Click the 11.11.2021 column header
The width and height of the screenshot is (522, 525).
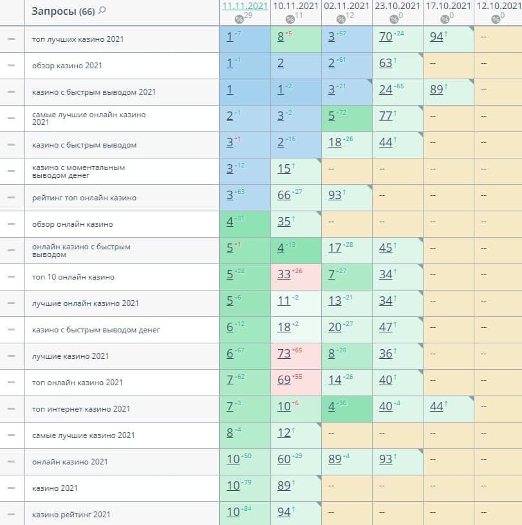tap(245, 6)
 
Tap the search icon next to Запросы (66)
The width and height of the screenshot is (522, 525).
tap(102, 11)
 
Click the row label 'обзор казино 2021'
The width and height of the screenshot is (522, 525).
tap(67, 66)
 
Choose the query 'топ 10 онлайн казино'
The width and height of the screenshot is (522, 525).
tap(73, 277)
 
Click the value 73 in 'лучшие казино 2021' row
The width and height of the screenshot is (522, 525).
tap(284, 356)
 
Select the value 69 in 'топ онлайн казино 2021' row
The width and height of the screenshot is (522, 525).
tap(284, 383)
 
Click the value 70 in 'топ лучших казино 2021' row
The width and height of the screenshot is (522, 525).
tap(386, 37)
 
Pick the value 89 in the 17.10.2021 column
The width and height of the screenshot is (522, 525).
tap(436, 90)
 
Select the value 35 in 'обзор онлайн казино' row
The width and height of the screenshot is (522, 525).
tap(284, 222)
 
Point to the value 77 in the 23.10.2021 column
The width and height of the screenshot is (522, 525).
tap(386, 117)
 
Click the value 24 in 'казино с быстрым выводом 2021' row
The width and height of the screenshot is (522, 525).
tap(386, 90)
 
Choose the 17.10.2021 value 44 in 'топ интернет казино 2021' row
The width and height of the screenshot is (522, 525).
tap(436, 407)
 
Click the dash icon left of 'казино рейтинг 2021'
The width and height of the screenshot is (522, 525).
tap(11, 515)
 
